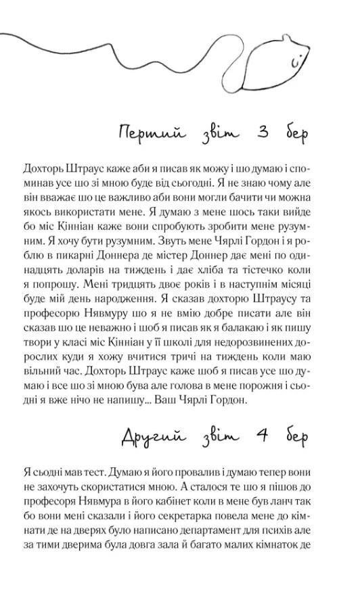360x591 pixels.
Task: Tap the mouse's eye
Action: (293, 63)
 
